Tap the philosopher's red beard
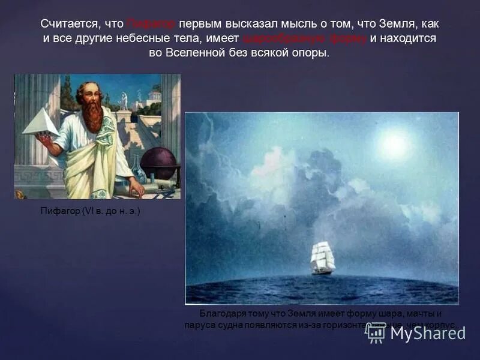pyautogui.click(x=92, y=115)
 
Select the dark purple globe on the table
pyautogui.click(x=158, y=163)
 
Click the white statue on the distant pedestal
pyautogui.click(x=124, y=101)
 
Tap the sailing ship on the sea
pyautogui.click(x=322, y=258)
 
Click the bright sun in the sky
pyautogui.click(x=394, y=144)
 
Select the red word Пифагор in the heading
pyautogui.click(x=151, y=25)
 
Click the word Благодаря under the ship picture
pyautogui.click(x=221, y=314)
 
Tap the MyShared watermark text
pyautogui.click(x=427, y=333)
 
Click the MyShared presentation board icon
pyautogui.click(x=374, y=333)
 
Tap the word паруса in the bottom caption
pyautogui.click(x=201, y=325)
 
